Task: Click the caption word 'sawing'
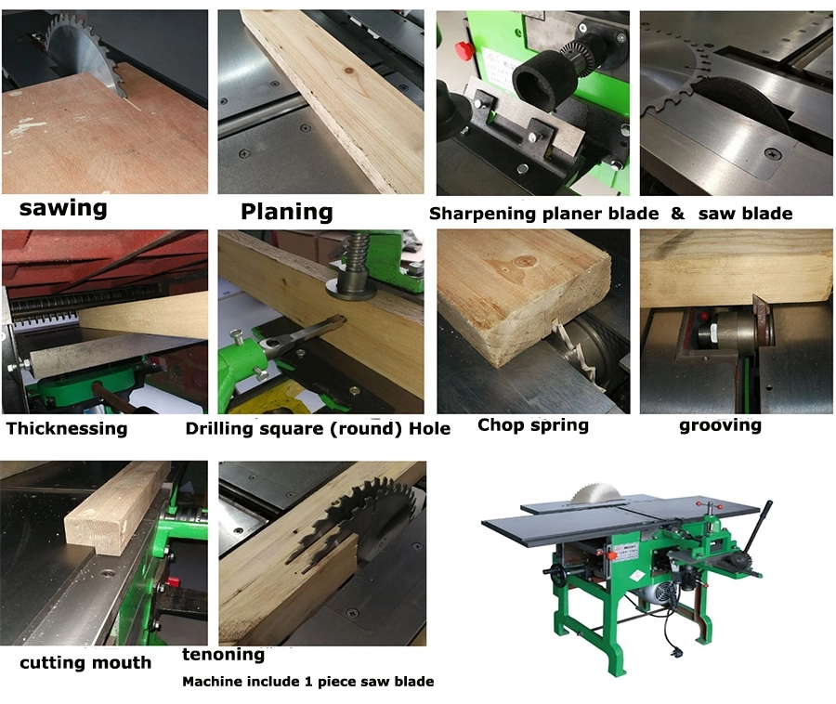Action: click(x=63, y=207)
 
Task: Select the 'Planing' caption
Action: click(x=286, y=212)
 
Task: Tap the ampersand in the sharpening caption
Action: click(x=677, y=214)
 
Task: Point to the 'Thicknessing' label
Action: click(x=66, y=428)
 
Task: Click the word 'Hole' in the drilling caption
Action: click(x=430, y=428)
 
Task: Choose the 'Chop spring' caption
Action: click(x=532, y=425)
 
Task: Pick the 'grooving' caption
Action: click(x=720, y=425)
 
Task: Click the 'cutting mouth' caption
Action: click(x=85, y=662)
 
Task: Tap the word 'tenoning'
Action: click(x=223, y=655)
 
